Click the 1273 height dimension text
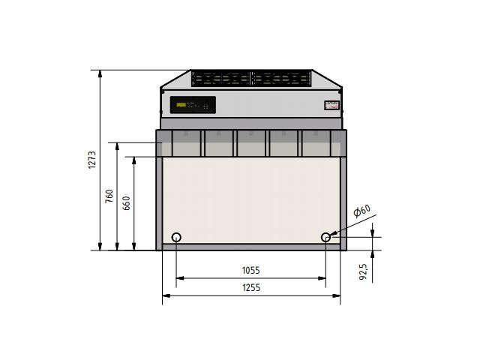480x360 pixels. click(92, 160)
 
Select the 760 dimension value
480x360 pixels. click(109, 196)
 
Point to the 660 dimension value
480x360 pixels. click(126, 203)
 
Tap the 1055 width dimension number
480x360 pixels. click(250, 271)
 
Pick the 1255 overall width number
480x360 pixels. click(250, 288)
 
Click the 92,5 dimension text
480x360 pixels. click(363, 270)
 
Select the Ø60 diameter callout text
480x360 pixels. click(362, 212)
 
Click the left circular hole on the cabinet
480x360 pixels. click(176, 238)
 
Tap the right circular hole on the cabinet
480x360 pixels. click(325, 238)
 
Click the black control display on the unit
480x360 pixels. click(193, 105)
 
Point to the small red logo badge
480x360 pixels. click(331, 106)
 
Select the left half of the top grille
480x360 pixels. click(221, 78)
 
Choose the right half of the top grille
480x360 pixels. click(281, 78)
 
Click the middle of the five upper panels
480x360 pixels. click(250, 143)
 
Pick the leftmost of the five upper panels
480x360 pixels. click(186, 143)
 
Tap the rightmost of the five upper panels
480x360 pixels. click(316, 143)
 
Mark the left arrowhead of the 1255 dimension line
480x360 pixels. click(166, 295)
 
